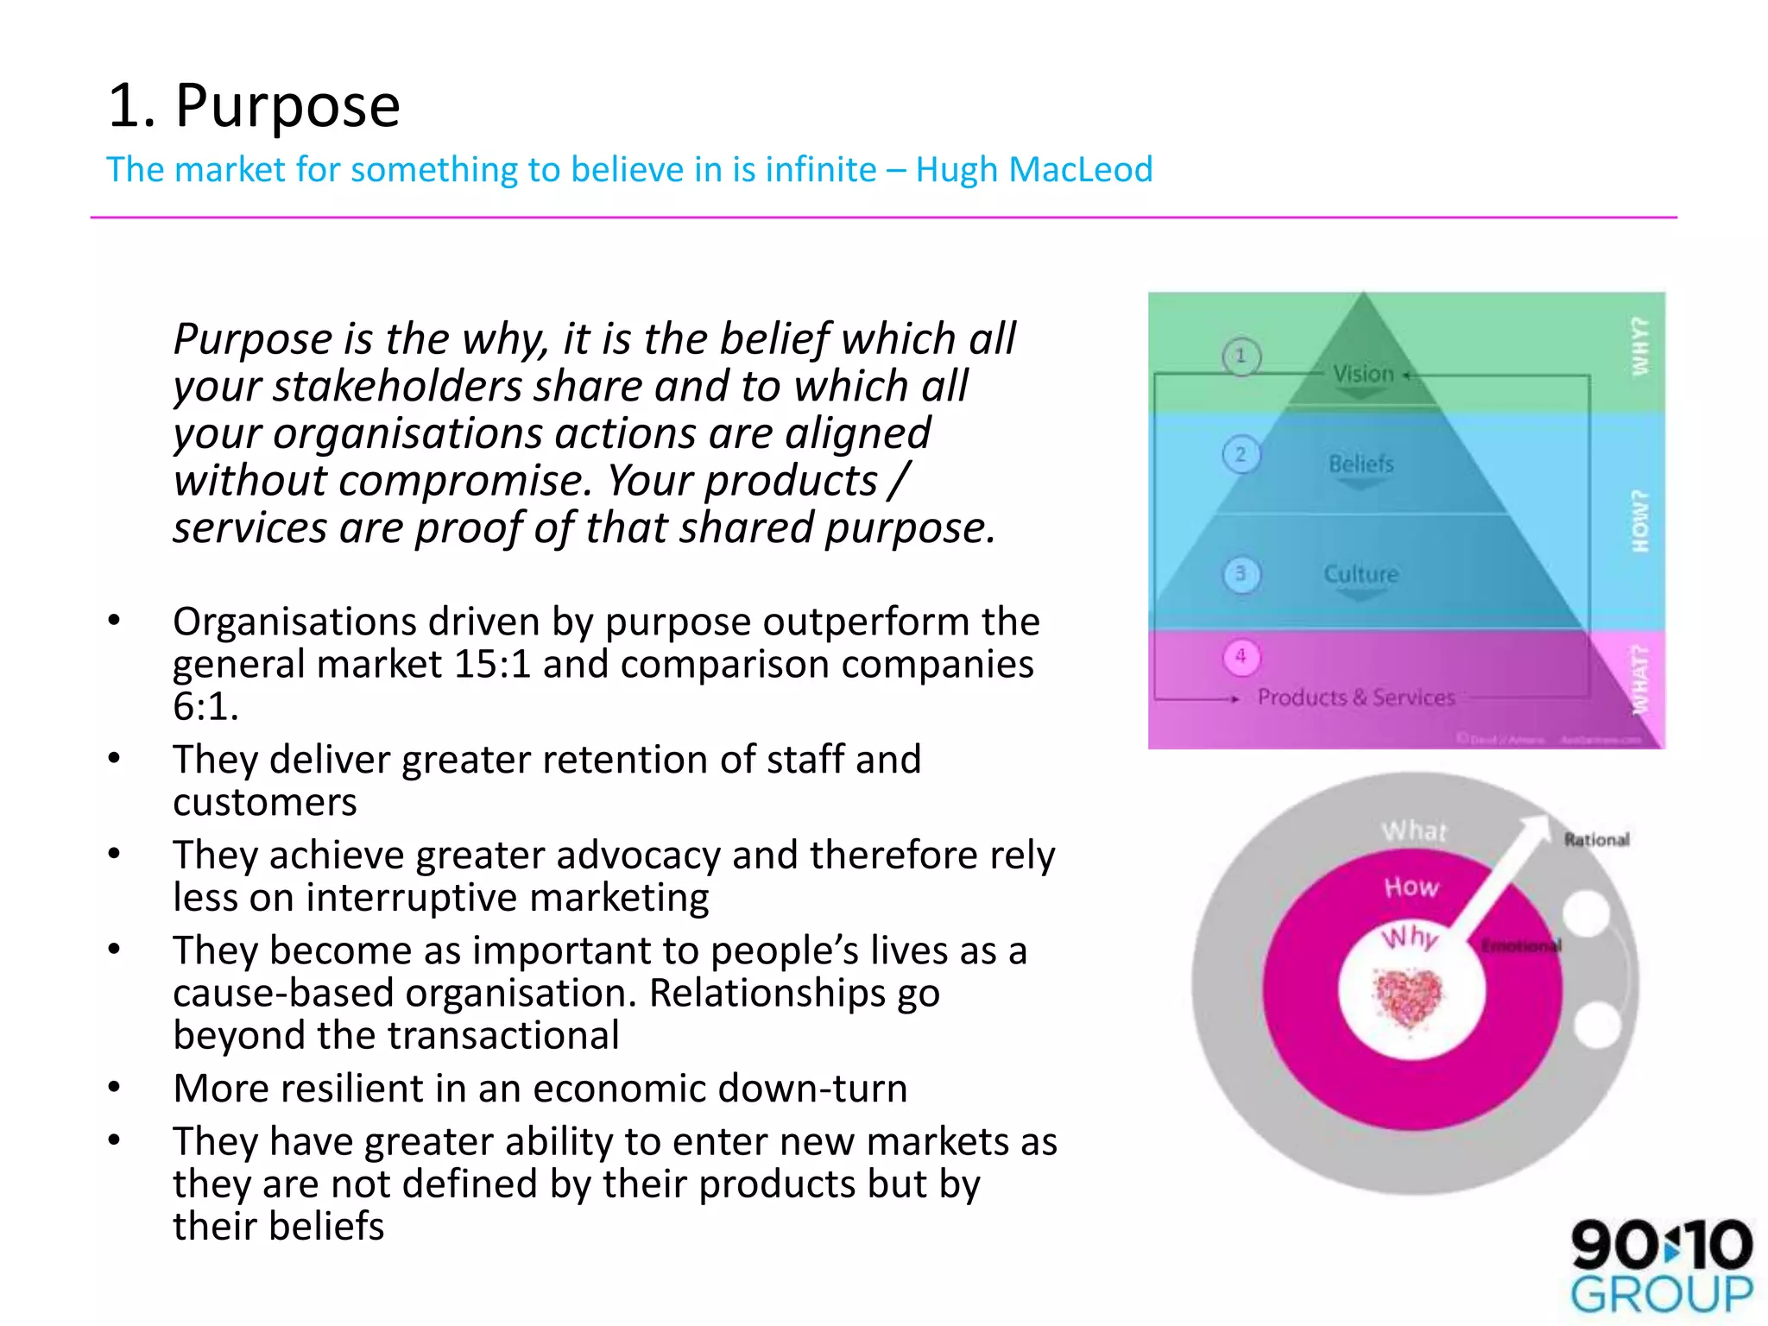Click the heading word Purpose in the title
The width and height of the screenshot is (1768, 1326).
[x=287, y=107]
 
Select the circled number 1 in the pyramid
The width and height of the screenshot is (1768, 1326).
[x=1241, y=356]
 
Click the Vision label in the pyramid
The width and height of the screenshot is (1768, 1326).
[x=1363, y=374]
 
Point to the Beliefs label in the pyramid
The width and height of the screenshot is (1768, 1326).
[x=1361, y=464]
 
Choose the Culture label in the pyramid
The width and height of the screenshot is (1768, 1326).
[x=1361, y=574]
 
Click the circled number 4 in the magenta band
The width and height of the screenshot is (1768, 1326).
[x=1241, y=656]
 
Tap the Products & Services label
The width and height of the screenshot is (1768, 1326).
[x=1356, y=698]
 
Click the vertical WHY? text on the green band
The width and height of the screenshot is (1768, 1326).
[x=1639, y=346]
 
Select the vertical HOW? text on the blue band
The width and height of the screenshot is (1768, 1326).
[x=1639, y=521]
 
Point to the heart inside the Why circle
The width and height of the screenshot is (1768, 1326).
[x=1409, y=998]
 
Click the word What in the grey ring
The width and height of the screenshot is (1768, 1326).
[x=1413, y=830]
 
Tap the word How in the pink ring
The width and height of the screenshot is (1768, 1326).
[x=1411, y=887]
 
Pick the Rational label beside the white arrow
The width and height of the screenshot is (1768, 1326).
[x=1597, y=839]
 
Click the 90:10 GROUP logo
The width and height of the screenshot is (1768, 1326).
[x=1661, y=1265]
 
